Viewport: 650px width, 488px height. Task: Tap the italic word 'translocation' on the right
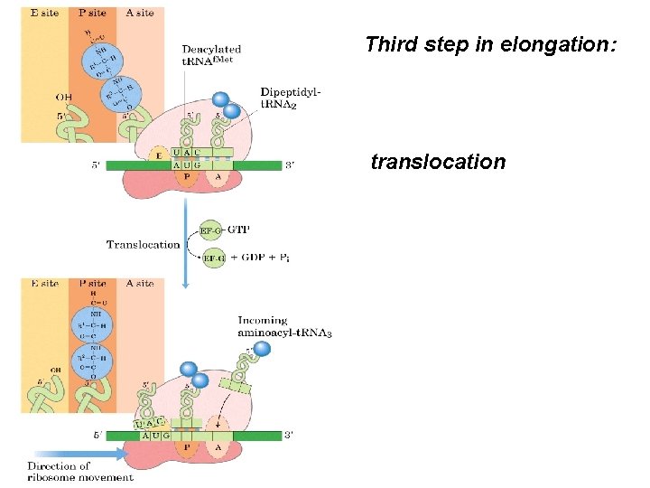[438, 163]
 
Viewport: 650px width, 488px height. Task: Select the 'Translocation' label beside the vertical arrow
[143, 245]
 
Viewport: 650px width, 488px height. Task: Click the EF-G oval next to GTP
[211, 231]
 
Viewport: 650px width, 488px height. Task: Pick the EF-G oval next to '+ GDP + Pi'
[215, 258]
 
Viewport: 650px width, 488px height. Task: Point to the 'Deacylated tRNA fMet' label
[211, 55]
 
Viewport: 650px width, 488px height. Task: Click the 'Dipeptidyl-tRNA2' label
[290, 97]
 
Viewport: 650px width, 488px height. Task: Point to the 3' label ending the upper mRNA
[288, 165]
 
